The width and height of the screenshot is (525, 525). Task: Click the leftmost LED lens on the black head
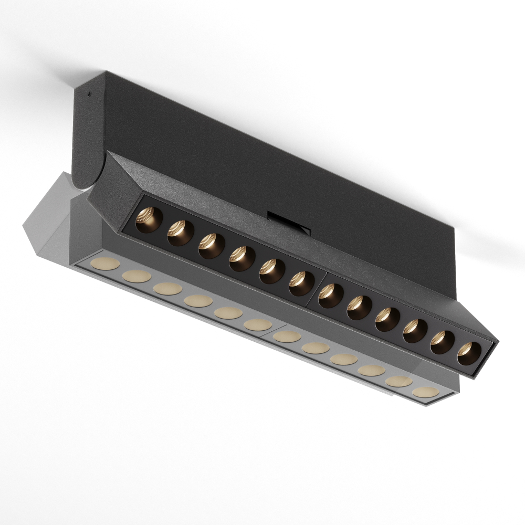(x=149, y=219)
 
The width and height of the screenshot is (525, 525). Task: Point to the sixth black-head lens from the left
(x=301, y=283)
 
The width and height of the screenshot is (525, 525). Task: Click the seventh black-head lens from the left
(x=331, y=296)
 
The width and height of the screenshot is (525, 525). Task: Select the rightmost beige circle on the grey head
(x=425, y=392)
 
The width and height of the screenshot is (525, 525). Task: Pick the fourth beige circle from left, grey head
(x=198, y=301)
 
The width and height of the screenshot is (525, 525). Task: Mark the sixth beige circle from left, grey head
(x=258, y=325)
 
